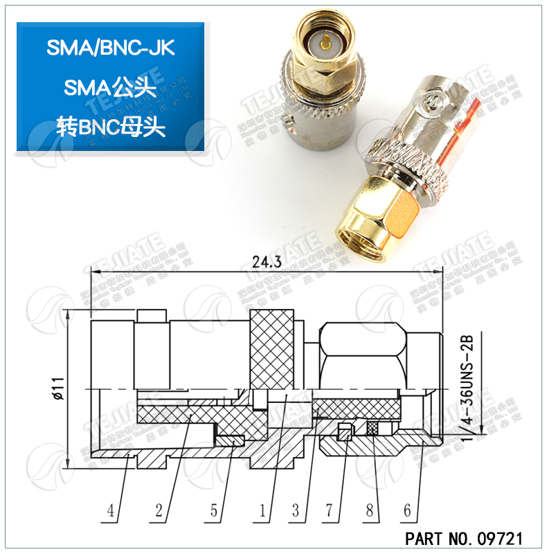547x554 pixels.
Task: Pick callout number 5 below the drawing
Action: pyautogui.click(x=215, y=512)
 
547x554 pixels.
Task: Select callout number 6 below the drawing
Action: pyautogui.click(x=408, y=512)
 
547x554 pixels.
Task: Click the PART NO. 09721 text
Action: pyautogui.click(x=463, y=538)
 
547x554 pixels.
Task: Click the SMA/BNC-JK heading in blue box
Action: pyautogui.click(x=111, y=48)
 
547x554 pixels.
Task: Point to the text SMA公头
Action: pyautogui.click(x=111, y=87)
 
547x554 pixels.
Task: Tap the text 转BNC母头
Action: pyautogui.click(x=111, y=127)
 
